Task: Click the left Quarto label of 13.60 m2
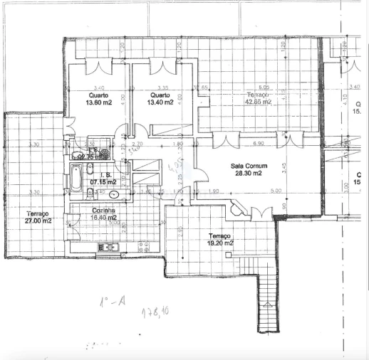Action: [x=100, y=98]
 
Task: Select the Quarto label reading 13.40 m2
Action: [x=160, y=98]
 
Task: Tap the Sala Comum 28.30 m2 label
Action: [x=246, y=169]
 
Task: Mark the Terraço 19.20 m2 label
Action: [x=222, y=239]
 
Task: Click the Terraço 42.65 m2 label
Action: [x=258, y=98]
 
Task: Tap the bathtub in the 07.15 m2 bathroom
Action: [x=76, y=178]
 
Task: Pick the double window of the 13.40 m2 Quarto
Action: [x=163, y=65]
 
